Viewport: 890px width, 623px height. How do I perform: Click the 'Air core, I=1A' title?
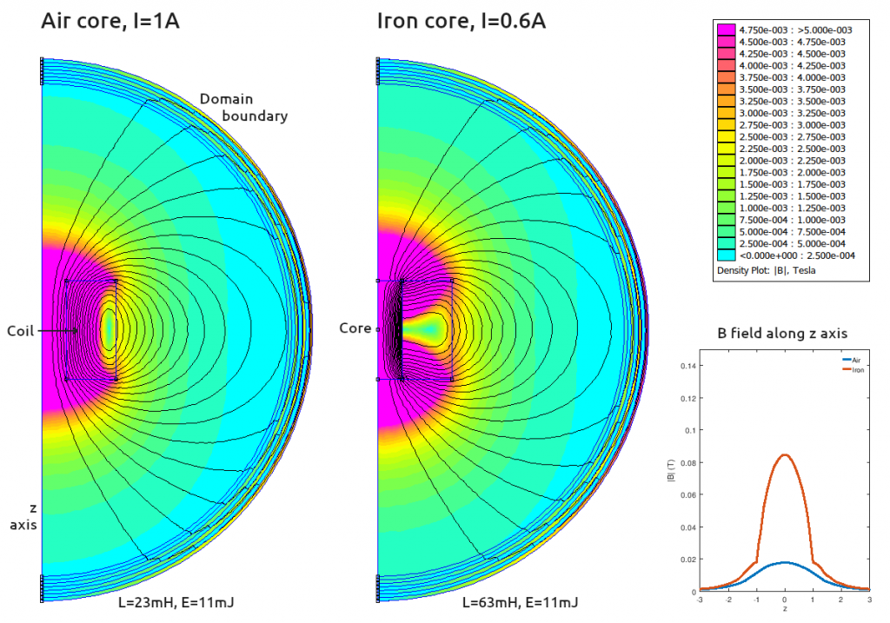pyautogui.click(x=110, y=21)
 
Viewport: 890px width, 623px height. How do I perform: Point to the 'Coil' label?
pyautogui.click(x=21, y=331)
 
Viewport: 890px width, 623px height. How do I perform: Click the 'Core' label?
pyautogui.click(x=355, y=329)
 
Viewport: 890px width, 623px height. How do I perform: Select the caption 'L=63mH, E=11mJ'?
pyautogui.click(x=521, y=602)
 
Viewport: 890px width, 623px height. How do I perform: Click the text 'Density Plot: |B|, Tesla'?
pyautogui.click(x=766, y=270)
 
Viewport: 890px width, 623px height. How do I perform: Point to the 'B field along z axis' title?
pyautogui.click(x=783, y=332)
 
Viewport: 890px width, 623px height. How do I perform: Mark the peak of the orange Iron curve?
pyautogui.click(x=785, y=454)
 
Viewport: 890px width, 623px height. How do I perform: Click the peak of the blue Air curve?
pyautogui.click(x=785, y=562)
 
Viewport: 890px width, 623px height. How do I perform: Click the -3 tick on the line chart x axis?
pyautogui.click(x=700, y=599)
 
